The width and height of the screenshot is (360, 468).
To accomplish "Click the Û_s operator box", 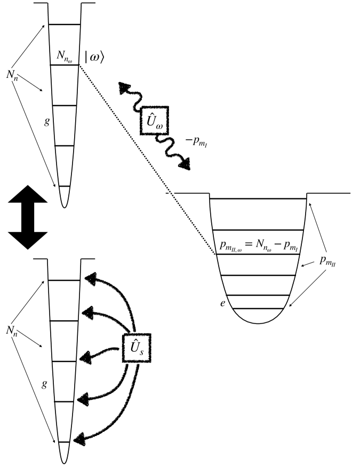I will [137, 348].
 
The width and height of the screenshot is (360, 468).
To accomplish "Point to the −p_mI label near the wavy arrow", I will [187, 140].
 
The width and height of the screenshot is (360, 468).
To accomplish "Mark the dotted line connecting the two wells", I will [147, 160].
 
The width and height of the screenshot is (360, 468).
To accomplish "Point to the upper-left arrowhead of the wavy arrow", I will [124, 87].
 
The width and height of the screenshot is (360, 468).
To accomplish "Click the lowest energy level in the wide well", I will [259, 309].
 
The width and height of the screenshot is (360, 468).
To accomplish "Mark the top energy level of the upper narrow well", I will [64, 25].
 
